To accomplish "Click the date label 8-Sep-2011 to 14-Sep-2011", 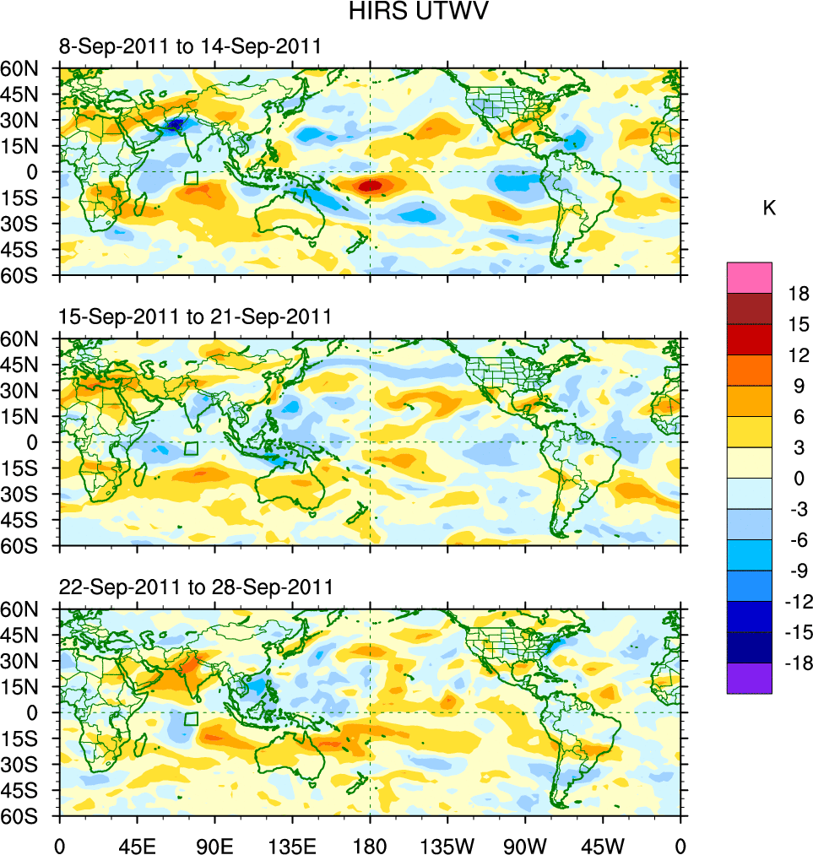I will [x=190, y=46].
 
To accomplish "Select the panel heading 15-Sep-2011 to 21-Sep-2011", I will [x=195, y=317].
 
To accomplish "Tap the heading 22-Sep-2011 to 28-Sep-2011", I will [x=195, y=587].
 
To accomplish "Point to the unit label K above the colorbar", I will [x=769, y=208].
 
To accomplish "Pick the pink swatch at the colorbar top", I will [x=749, y=277].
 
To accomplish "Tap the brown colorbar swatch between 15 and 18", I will [x=749, y=308].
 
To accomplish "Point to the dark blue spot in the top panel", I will [x=174, y=125].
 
